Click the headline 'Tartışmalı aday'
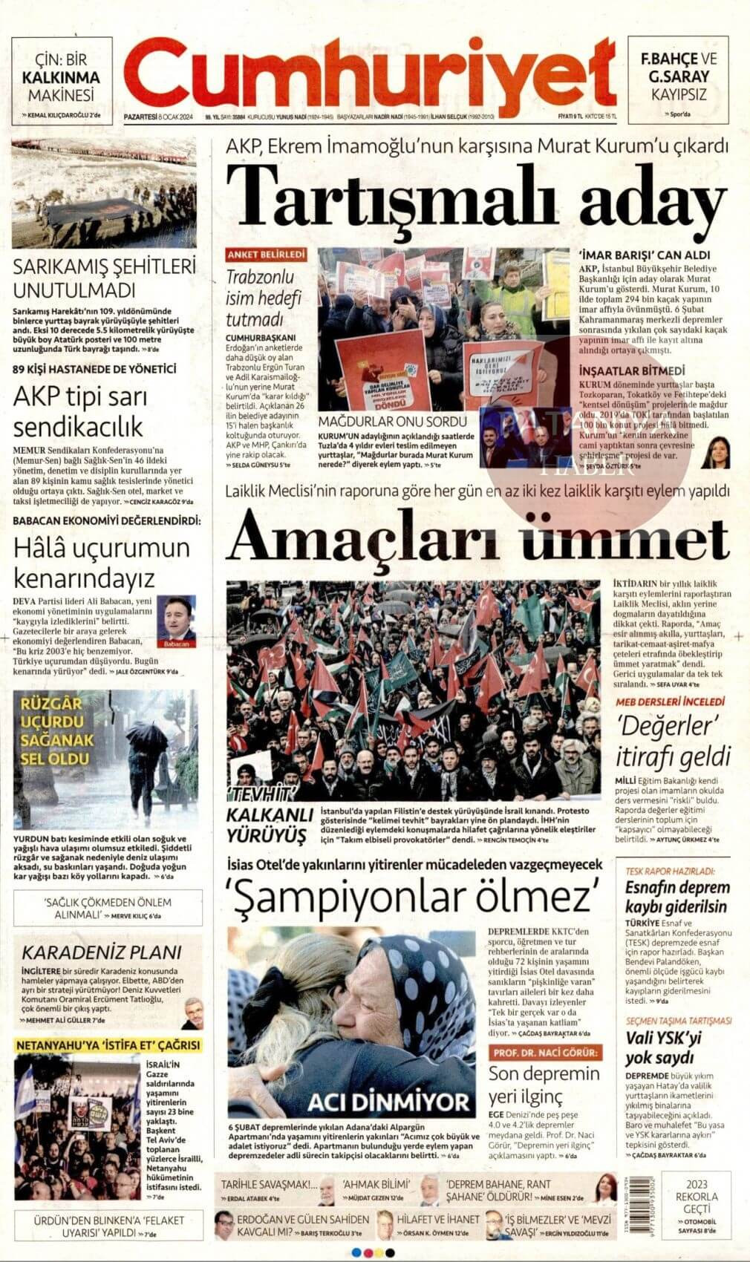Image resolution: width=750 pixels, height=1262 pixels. pyautogui.click(x=475, y=193)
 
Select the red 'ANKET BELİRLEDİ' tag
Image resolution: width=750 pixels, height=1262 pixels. pyautogui.click(x=267, y=255)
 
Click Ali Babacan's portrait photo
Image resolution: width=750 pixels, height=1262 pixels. pyautogui.click(x=176, y=618)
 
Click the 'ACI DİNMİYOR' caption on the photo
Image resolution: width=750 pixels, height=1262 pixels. pyautogui.click(x=389, y=1102)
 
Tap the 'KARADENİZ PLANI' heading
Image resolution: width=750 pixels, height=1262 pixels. pyautogui.click(x=101, y=952)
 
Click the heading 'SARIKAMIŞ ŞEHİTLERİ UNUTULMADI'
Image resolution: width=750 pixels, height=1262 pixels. pyautogui.click(x=105, y=278)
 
